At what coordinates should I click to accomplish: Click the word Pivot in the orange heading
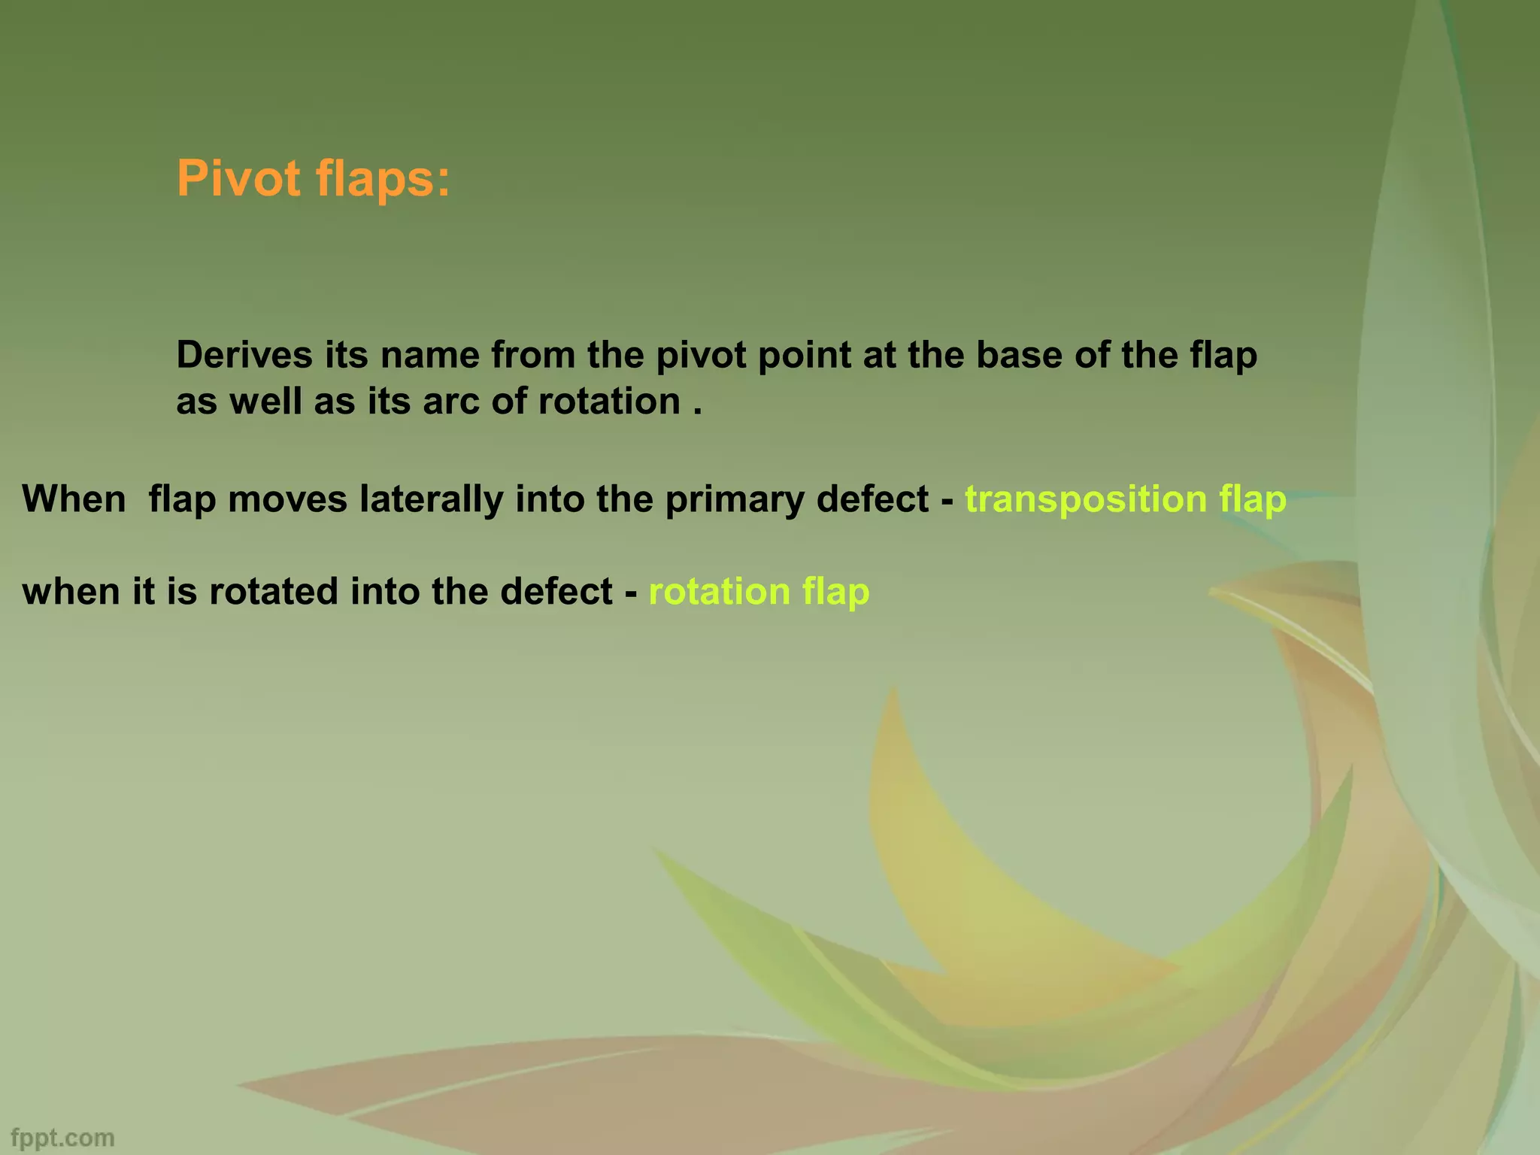pyautogui.click(x=238, y=179)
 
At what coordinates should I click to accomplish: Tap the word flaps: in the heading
pyautogui.click(x=383, y=179)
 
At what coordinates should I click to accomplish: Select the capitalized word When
pyautogui.click(x=74, y=499)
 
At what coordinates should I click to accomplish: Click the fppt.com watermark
pyautogui.click(x=63, y=1138)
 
